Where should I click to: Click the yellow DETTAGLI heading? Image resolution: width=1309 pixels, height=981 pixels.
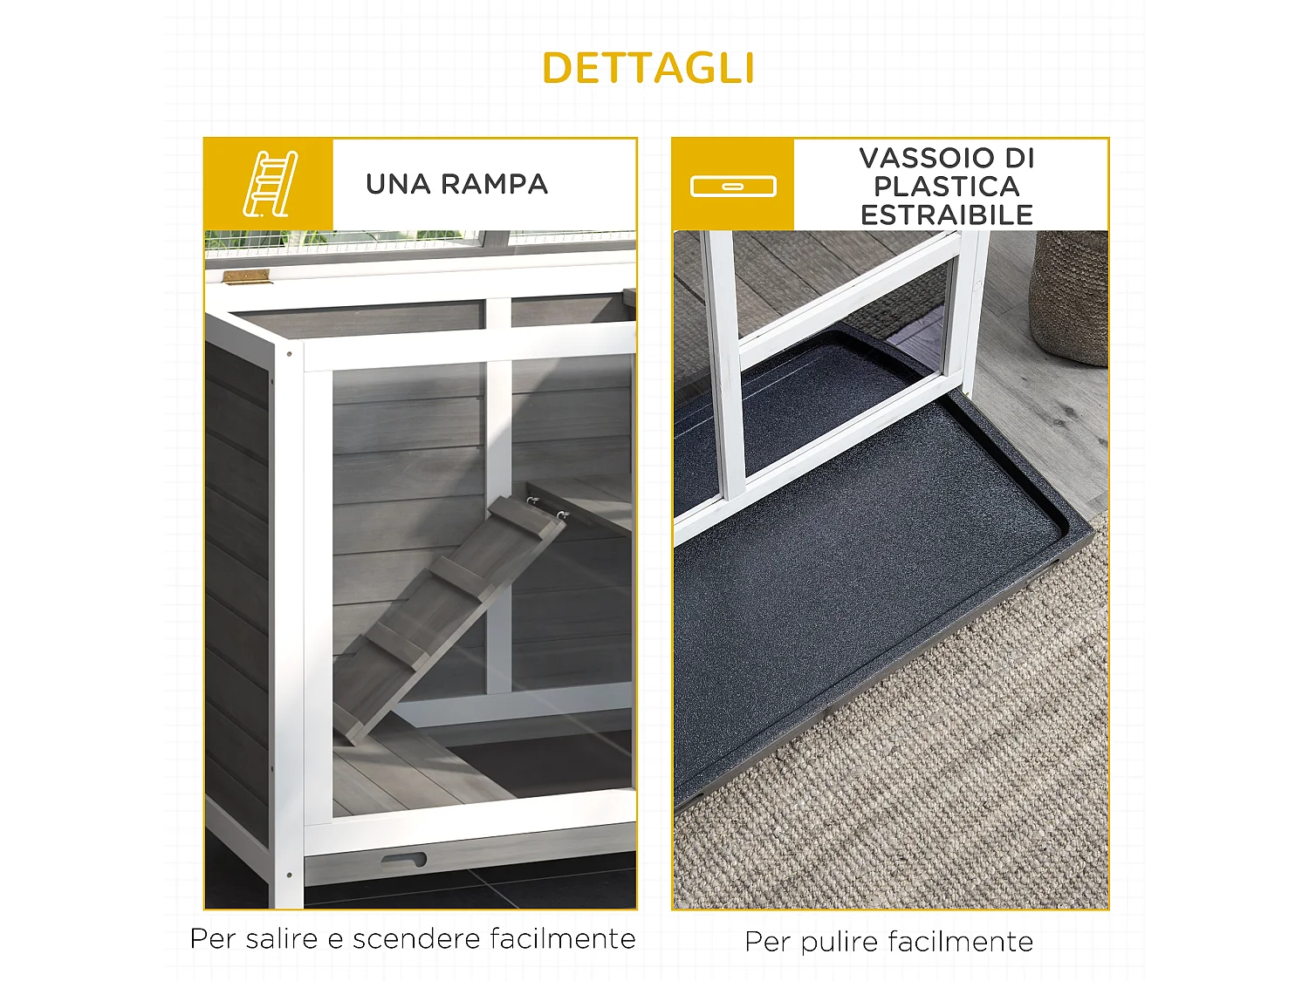click(648, 68)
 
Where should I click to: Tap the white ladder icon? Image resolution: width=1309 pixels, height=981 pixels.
click(270, 184)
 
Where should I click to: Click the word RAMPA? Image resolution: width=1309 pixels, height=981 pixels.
click(494, 184)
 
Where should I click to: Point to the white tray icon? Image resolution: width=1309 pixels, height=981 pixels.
click(733, 186)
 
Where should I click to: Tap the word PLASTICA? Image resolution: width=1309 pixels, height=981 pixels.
click(947, 186)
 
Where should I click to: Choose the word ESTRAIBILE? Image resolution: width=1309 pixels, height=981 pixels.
click(947, 215)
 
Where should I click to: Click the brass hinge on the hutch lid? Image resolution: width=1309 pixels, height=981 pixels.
click(246, 276)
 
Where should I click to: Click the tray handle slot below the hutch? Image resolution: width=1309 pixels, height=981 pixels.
click(403, 860)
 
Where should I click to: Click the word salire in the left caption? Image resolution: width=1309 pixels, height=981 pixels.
click(282, 939)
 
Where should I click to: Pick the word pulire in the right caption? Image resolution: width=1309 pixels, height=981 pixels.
click(840, 942)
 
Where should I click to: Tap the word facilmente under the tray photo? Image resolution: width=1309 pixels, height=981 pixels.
click(961, 942)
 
